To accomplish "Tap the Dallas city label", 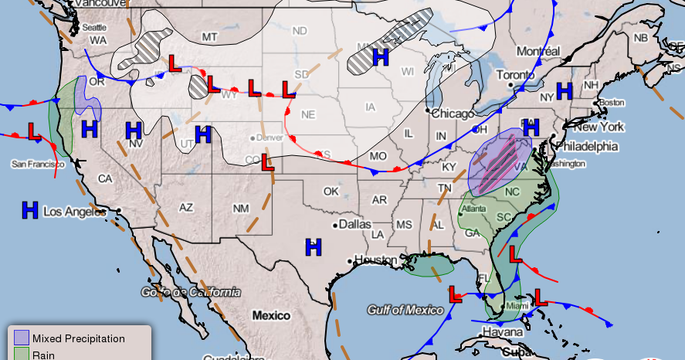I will tap(354, 224).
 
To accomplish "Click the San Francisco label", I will tap(37, 164).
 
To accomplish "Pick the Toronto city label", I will tap(514, 75).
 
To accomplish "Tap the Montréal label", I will tap(538, 51).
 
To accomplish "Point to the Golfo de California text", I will tap(191, 292).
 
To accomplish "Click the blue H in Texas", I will tap(313, 247).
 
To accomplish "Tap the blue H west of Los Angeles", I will tap(30, 209).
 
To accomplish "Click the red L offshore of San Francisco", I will tap(34, 132).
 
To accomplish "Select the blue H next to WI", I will tap(380, 56).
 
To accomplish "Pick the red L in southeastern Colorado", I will tap(267, 162).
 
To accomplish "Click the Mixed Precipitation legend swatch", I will tap(21, 338).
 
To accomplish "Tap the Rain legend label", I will tap(44, 355).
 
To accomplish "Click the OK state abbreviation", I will tap(331, 191).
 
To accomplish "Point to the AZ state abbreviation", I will tap(186, 207).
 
